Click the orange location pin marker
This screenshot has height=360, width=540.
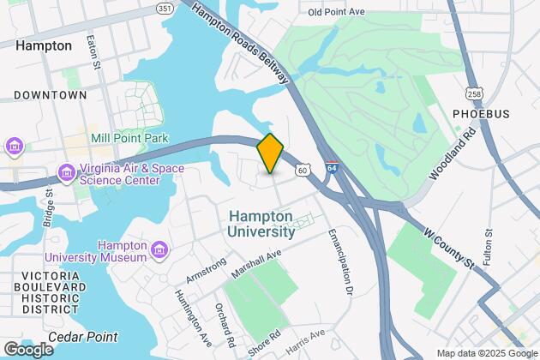pos(270,153)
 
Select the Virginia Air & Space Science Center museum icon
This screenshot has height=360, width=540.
pos(66,174)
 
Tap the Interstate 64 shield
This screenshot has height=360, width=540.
pos(332,168)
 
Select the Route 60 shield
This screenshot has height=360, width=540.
pos(303,171)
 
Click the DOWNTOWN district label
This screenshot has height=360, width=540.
pos(51,95)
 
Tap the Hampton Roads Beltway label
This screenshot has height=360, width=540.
pos(241,43)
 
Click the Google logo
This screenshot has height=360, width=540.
pos(28,349)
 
